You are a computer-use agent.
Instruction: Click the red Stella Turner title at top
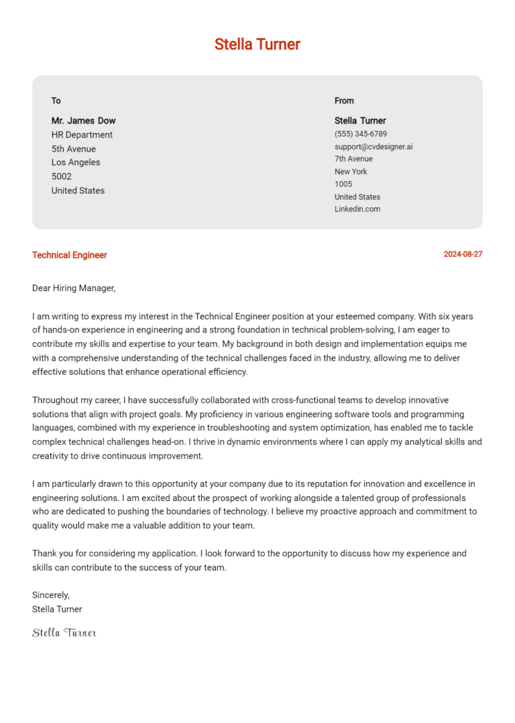pos(257,44)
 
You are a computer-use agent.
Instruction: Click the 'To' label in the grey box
pos(56,101)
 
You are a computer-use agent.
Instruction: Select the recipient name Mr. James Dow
pos(83,121)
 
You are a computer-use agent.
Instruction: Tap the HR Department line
pos(82,135)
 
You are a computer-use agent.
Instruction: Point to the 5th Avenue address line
pos(74,149)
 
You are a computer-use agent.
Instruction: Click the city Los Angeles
pos(76,162)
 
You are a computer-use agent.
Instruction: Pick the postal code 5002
pos(62,176)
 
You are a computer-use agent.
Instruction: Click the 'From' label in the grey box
pos(344,101)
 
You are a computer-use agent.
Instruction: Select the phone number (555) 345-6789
pos(361,134)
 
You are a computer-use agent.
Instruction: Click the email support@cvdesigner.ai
pos(374,146)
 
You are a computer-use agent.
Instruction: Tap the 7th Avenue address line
pos(353,159)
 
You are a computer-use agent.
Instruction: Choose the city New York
pos(351,172)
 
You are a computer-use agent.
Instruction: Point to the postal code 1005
pos(343,184)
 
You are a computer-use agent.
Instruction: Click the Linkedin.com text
pos(357,209)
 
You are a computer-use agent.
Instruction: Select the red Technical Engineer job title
pos(70,255)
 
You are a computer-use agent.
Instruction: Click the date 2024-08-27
pos(463,255)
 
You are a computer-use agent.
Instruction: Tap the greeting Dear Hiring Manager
pos(74,288)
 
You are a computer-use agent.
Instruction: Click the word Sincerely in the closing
pos(51,595)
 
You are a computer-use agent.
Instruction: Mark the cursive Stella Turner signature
pos(64,632)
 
